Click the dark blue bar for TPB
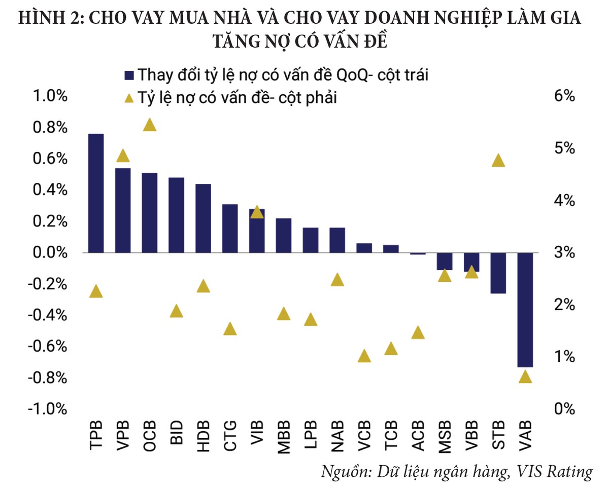pyautogui.click(x=96, y=193)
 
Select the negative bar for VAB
pyautogui.click(x=525, y=310)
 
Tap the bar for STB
pyautogui.click(x=498, y=273)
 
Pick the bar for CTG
pyautogui.click(x=230, y=229)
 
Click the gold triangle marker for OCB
pyautogui.click(x=150, y=125)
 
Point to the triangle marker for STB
pyautogui.click(x=498, y=161)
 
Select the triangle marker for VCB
pyautogui.click(x=364, y=356)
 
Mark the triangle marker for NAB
pyautogui.click(x=337, y=280)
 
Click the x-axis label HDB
pyautogui.click(x=203, y=435)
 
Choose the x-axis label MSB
pyautogui.click(x=445, y=435)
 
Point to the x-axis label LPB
pyautogui.click(x=311, y=435)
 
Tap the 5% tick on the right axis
pyautogui.click(x=563, y=148)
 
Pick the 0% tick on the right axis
pyautogui.click(x=563, y=408)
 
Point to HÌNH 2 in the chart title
pyautogui.click(x=49, y=18)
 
